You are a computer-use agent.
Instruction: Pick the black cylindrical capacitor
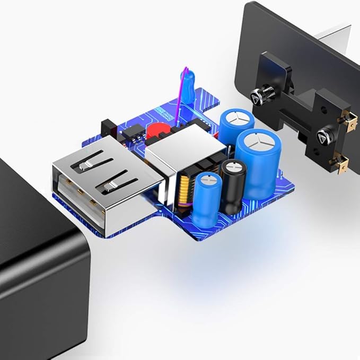point(234,186)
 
